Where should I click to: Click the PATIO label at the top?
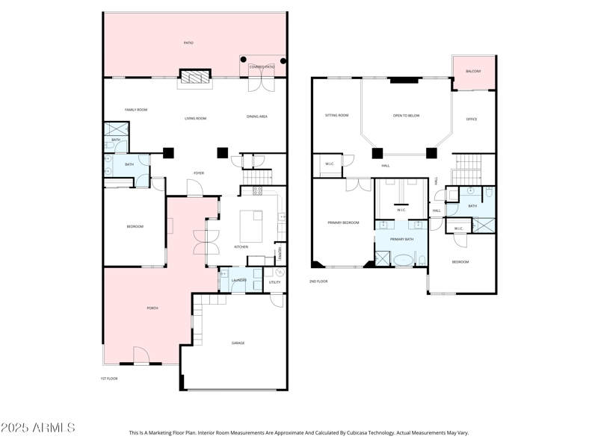(x=188, y=43)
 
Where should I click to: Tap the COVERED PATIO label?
(x=262, y=67)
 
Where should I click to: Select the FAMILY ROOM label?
(x=136, y=110)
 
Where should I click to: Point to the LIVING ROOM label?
(x=196, y=118)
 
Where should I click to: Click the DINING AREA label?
(x=257, y=116)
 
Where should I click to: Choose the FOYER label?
(x=199, y=173)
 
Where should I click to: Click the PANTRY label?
(x=280, y=255)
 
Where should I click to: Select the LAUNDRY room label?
(x=239, y=281)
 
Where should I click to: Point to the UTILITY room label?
(x=275, y=282)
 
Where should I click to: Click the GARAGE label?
(x=237, y=343)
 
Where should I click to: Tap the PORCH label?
(x=152, y=308)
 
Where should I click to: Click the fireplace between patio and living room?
(x=194, y=78)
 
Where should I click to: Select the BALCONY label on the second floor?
(x=473, y=71)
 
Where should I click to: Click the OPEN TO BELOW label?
(x=406, y=116)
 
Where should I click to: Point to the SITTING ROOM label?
(x=337, y=115)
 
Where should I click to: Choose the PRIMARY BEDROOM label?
(x=343, y=223)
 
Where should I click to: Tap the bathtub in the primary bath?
(x=404, y=261)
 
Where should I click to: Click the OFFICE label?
(x=472, y=119)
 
